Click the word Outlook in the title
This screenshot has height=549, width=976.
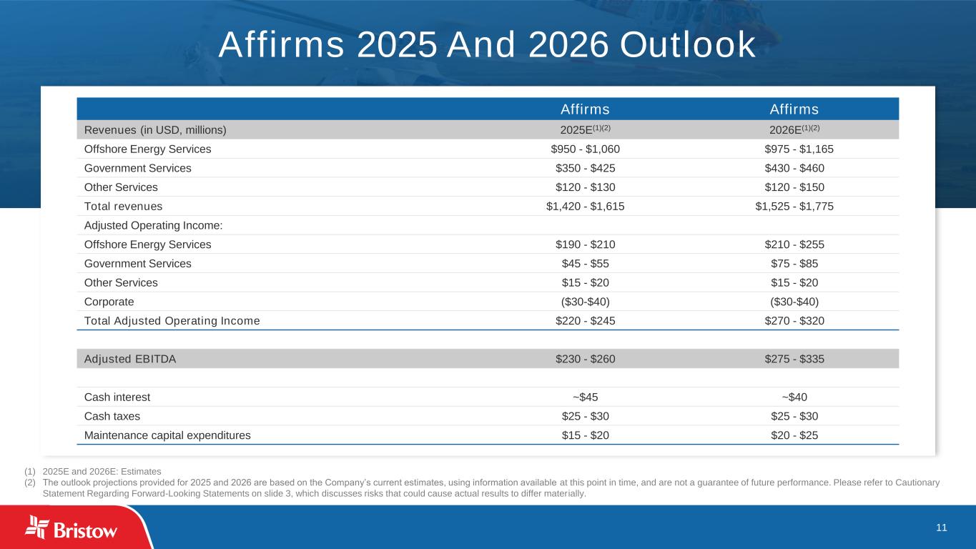tap(688, 45)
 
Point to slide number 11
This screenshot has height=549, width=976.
tap(941, 528)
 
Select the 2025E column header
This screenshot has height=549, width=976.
tap(585, 129)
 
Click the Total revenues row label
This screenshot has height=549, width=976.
tap(123, 206)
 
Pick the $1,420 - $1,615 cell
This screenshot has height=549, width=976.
tap(585, 206)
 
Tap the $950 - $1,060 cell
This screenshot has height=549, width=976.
tap(585, 149)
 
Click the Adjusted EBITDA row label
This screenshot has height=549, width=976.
tap(130, 359)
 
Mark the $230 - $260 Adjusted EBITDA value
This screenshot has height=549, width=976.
tap(585, 359)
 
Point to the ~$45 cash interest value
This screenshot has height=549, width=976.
tap(585, 397)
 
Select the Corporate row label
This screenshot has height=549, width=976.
tap(109, 301)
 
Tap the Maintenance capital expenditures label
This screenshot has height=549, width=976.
tap(167, 435)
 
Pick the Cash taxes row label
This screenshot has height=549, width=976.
tap(112, 416)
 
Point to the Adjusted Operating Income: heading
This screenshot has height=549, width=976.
tap(154, 225)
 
